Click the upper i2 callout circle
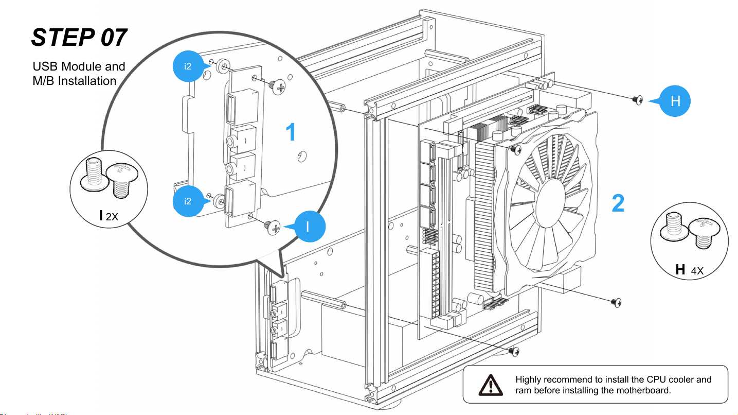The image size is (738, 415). pos(188,66)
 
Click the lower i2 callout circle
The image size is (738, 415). pos(188,201)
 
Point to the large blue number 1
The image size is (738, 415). pos(291,133)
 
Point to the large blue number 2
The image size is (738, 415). pos(618,204)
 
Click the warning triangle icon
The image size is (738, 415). pos(492,384)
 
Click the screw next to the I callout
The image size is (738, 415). pos(273,227)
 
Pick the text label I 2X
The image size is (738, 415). pos(109,216)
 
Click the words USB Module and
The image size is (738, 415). pos(79,66)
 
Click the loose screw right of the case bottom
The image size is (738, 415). pos(617,302)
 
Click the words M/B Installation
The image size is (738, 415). pos(74,81)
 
